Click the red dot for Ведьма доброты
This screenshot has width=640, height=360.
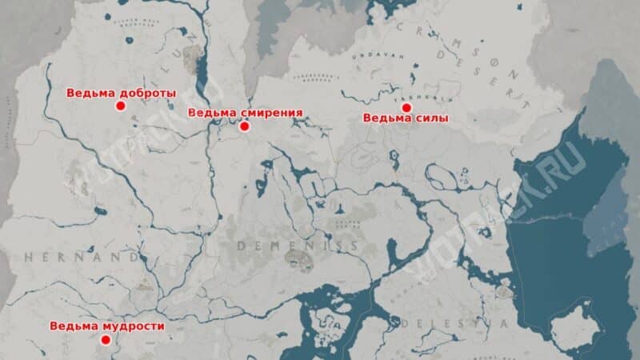click(x=121, y=106)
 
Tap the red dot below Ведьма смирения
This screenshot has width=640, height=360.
click(x=245, y=126)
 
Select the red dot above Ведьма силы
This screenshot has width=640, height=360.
click(x=406, y=107)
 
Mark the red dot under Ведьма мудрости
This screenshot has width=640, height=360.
click(x=105, y=340)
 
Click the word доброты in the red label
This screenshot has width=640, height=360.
click(x=150, y=93)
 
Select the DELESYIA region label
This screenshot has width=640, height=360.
click(x=456, y=323)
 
